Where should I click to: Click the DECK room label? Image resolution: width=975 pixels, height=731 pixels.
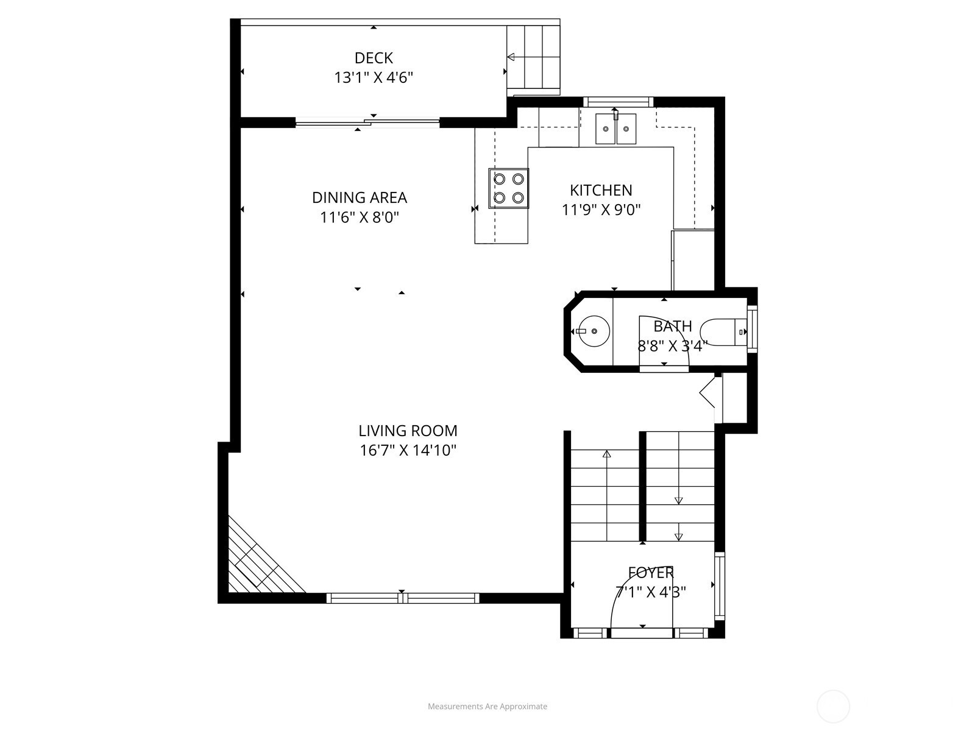pyautogui.click(x=374, y=58)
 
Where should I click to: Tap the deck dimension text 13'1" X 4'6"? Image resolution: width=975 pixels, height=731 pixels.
pyautogui.click(x=374, y=78)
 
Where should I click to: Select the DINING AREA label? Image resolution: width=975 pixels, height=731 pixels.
pyautogui.click(x=360, y=197)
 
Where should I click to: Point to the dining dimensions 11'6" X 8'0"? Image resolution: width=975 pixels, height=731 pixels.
pyautogui.click(x=360, y=217)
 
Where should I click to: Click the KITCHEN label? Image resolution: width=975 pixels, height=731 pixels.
pyautogui.click(x=601, y=191)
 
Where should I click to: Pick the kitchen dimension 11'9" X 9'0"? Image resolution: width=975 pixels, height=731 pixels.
pyautogui.click(x=601, y=210)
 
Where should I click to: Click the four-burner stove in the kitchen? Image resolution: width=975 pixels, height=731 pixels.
pyautogui.click(x=509, y=188)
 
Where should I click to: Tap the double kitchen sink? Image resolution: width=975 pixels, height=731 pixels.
pyautogui.click(x=615, y=129)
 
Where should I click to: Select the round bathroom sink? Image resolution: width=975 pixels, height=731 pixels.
pyautogui.click(x=594, y=331)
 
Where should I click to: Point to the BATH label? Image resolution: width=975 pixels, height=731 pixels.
pyautogui.click(x=673, y=327)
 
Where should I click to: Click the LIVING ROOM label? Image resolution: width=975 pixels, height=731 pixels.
pyautogui.click(x=408, y=431)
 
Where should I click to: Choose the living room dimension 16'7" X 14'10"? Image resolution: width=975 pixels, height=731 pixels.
pyautogui.click(x=408, y=451)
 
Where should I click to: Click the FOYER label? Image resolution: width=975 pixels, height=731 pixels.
pyautogui.click(x=651, y=573)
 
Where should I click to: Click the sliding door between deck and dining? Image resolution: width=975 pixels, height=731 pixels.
pyautogui.click(x=367, y=122)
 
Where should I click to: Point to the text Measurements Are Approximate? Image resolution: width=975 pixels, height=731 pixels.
pyautogui.click(x=487, y=707)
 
